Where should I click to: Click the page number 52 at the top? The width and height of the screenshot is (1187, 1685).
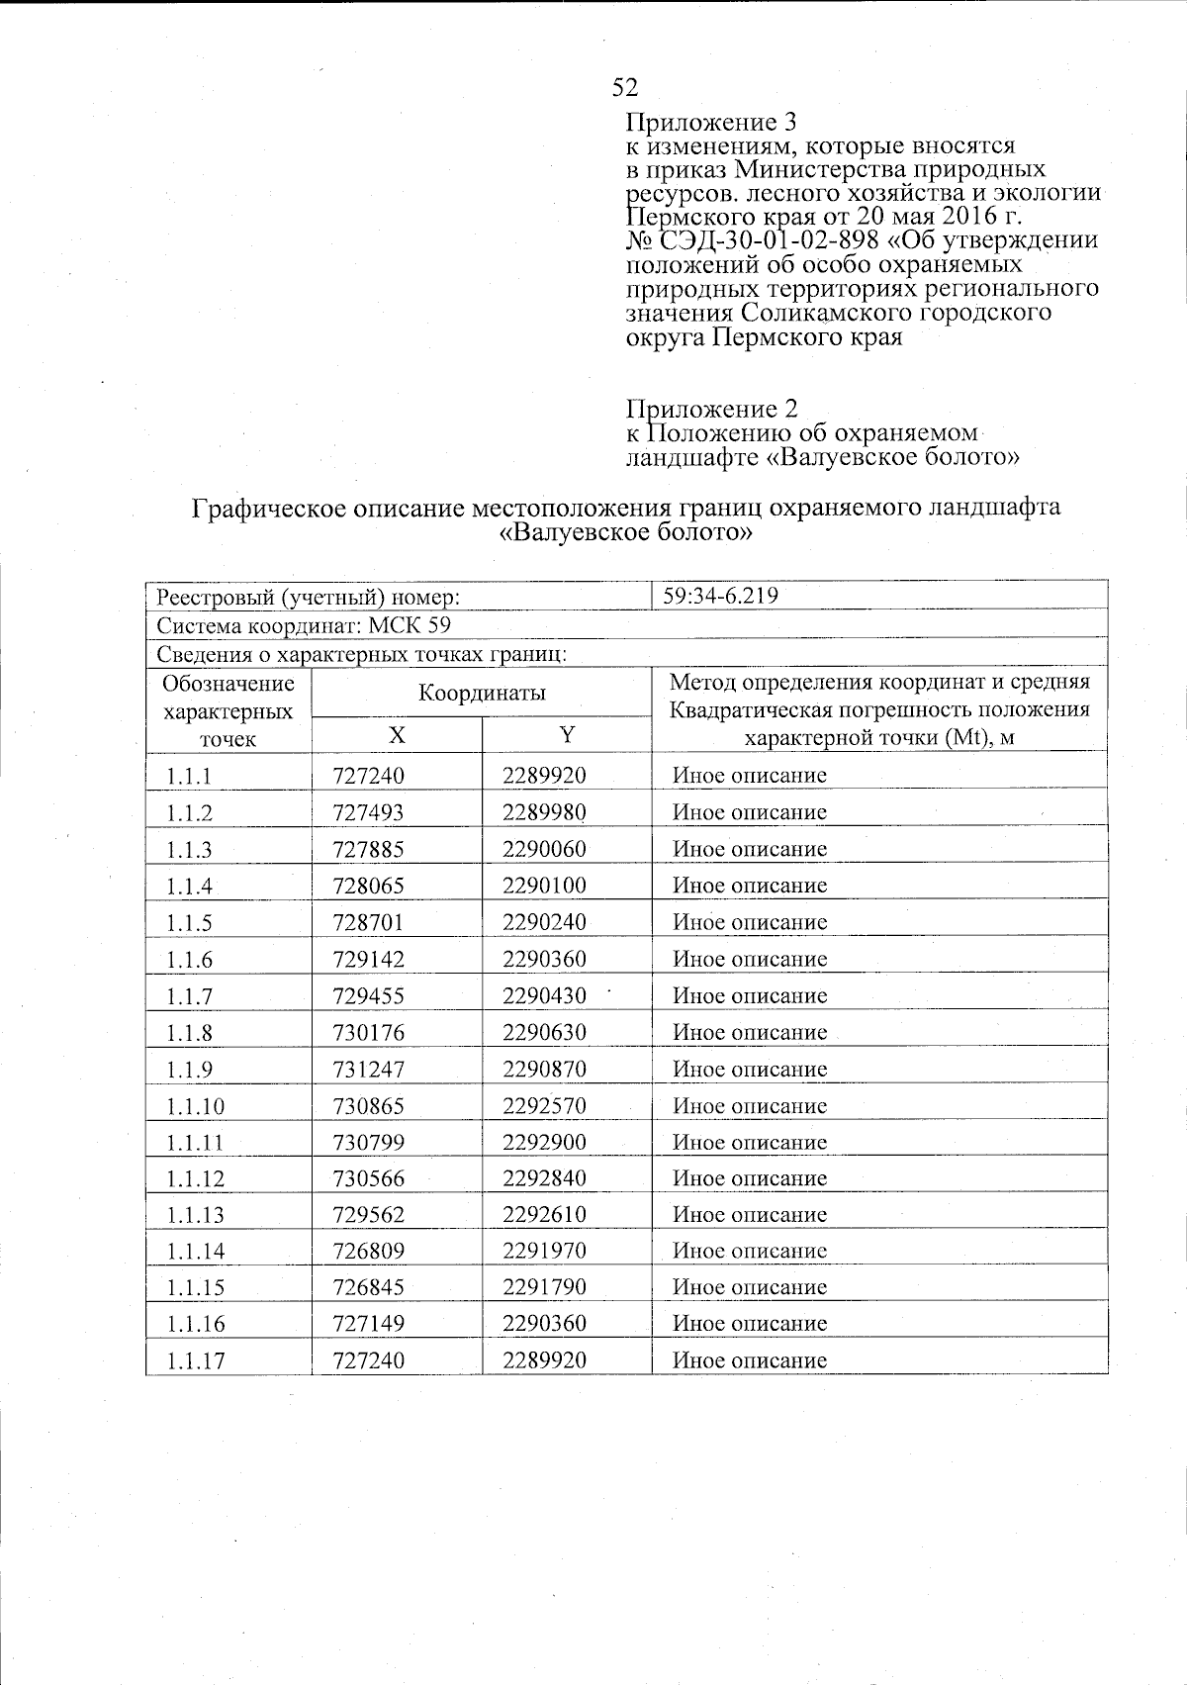coord(624,88)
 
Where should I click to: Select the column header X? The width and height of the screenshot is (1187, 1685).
coord(396,734)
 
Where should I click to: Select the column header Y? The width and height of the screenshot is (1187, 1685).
coord(567,734)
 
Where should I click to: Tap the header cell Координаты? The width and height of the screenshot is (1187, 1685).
coord(482,693)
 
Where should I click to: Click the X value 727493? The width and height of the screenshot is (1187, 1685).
coord(369,812)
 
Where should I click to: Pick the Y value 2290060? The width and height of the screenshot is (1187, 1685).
coord(544,849)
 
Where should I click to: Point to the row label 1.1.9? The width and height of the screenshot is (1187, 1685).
coord(189,1070)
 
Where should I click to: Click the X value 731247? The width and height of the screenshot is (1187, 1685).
coord(369,1070)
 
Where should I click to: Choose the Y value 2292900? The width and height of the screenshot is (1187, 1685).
coord(544,1143)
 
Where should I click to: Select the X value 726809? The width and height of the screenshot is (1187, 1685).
coord(369,1252)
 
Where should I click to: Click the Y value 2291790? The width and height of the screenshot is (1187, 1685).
coord(544,1288)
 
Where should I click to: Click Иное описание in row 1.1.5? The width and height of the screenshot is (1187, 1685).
coord(749,922)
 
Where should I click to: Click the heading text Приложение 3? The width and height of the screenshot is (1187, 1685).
coord(711,123)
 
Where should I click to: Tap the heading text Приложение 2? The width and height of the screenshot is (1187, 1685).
coord(711,409)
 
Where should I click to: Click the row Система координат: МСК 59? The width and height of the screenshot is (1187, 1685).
coord(304,625)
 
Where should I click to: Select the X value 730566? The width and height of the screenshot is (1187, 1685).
coord(369,1178)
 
